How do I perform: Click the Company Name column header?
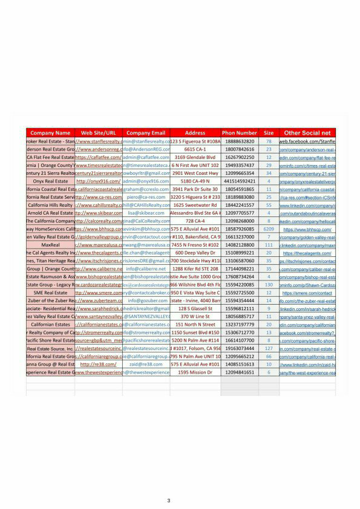50,132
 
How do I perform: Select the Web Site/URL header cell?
98,132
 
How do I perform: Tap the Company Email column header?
146,132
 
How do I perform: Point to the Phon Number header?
240,132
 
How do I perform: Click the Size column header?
269,132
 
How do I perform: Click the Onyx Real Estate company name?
50,181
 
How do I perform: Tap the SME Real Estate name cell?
50,293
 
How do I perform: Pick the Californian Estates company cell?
50,325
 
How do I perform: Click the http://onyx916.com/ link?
98,181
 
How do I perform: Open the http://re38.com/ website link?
98,365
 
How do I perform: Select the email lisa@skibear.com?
146,213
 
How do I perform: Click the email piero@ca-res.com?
146,197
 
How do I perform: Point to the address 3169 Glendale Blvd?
195,157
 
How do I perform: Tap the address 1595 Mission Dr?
195,372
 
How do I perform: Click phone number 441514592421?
240,181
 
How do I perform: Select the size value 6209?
269,229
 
